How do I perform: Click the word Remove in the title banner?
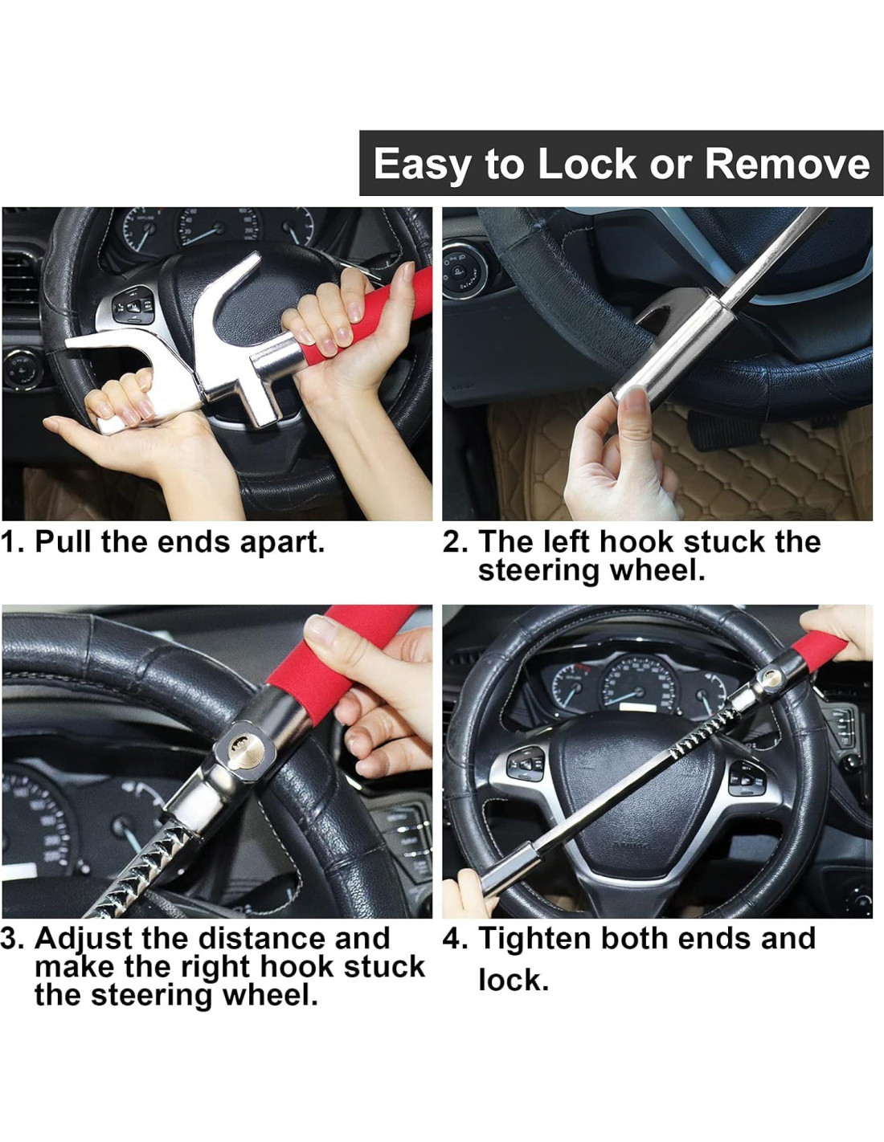788,164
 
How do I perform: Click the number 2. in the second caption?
455,541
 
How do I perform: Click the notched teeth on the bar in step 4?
704,732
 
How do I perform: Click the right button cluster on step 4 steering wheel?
747,778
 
